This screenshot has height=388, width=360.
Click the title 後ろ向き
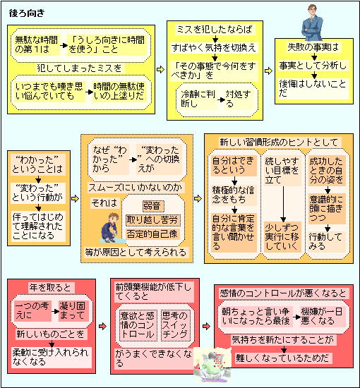pyautogui.click(x=27, y=13)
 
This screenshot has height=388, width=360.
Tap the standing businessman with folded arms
pyautogui.click(x=312, y=23)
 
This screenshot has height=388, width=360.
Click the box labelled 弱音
pyautogui.click(x=153, y=205)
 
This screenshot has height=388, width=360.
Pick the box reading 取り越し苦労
pyautogui.click(x=152, y=219)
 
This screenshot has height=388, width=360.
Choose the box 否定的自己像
pyautogui.click(x=152, y=234)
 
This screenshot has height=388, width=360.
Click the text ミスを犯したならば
pyautogui.click(x=215, y=30)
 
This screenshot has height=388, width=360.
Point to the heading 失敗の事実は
pyautogui.click(x=313, y=47)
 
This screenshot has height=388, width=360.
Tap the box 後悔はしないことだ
pyautogui.click(x=313, y=89)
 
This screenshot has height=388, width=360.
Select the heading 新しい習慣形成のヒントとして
pyautogui.click(x=279, y=142)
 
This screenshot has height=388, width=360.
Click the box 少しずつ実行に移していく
pyautogui.click(x=282, y=237)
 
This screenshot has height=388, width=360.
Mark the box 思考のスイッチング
pyautogui.click(x=176, y=325)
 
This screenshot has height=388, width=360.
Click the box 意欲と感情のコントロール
pyautogui.click(x=138, y=325)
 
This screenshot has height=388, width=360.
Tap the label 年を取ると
pyautogui.click(x=50, y=288)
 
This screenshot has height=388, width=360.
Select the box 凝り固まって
pyautogui.click(x=73, y=310)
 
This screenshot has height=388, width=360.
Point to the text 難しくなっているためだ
pyautogui.click(x=282, y=358)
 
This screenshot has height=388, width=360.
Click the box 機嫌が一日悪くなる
pyautogui.click(x=322, y=316)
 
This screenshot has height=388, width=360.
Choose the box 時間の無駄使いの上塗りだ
pyautogui.click(x=119, y=91)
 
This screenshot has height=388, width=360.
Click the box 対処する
pyautogui.click(x=239, y=99)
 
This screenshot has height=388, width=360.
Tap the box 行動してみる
pyautogui.click(x=326, y=241)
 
